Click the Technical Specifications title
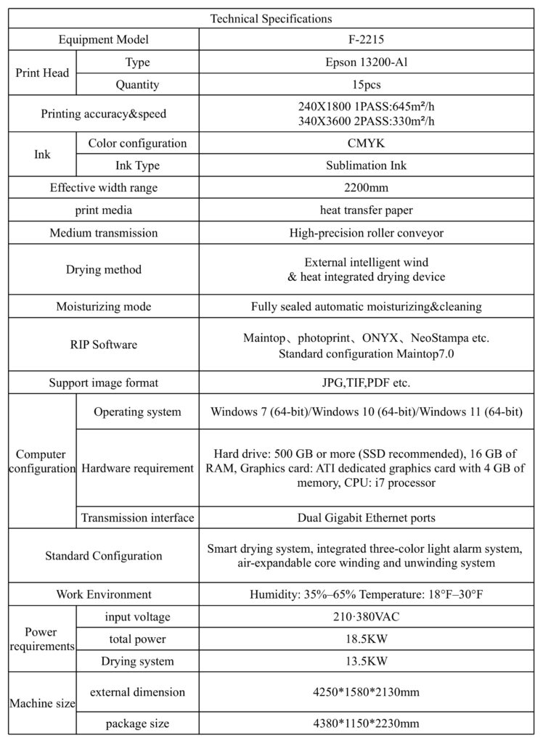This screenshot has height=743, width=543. [x=271, y=18]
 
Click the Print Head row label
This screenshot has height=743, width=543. [x=42, y=73]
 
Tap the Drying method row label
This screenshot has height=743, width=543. [x=104, y=270]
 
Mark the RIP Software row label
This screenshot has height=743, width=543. [x=104, y=345]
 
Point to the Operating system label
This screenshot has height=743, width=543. [x=137, y=412]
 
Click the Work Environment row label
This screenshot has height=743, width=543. [x=104, y=594]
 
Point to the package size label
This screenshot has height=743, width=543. [x=137, y=723]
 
